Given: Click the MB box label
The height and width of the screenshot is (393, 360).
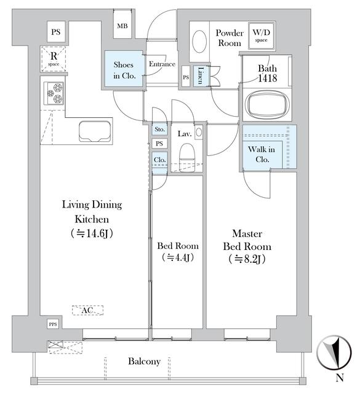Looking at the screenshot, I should [x=123, y=26].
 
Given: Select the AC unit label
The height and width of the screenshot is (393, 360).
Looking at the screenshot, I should [x=86, y=311].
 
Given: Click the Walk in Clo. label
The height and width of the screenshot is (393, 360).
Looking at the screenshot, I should [x=262, y=154].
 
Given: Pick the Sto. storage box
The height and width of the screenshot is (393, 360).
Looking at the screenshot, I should [x=159, y=130].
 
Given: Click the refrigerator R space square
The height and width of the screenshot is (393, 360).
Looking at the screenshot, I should [x=53, y=58].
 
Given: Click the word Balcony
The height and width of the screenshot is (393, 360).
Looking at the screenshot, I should [x=144, y=362].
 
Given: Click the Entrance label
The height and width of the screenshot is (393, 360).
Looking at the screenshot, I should [x=162, y=64].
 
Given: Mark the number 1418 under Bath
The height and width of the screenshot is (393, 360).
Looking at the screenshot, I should [x=268, y=79].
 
